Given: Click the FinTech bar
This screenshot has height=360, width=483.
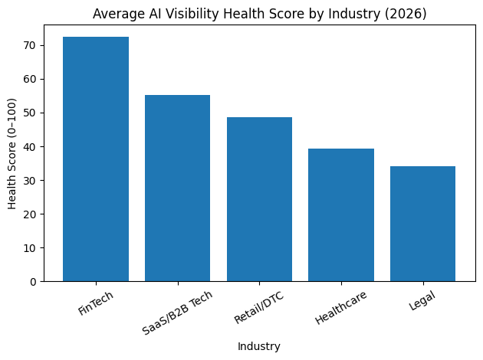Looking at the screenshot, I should pos(96,159).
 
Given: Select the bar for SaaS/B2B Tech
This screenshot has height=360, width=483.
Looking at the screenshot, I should pos(177,188).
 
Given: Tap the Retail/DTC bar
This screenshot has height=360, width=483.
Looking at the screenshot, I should pos(259,199).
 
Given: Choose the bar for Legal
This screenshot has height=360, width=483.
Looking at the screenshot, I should pos(422,224).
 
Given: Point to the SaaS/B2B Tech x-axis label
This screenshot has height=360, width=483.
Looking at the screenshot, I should pos(177,312).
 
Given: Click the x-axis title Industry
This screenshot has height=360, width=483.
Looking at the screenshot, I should pos(259,346).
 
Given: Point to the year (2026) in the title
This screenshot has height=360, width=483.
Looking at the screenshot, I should pos(408,13).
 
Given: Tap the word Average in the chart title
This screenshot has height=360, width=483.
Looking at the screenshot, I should pos(115,13).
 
